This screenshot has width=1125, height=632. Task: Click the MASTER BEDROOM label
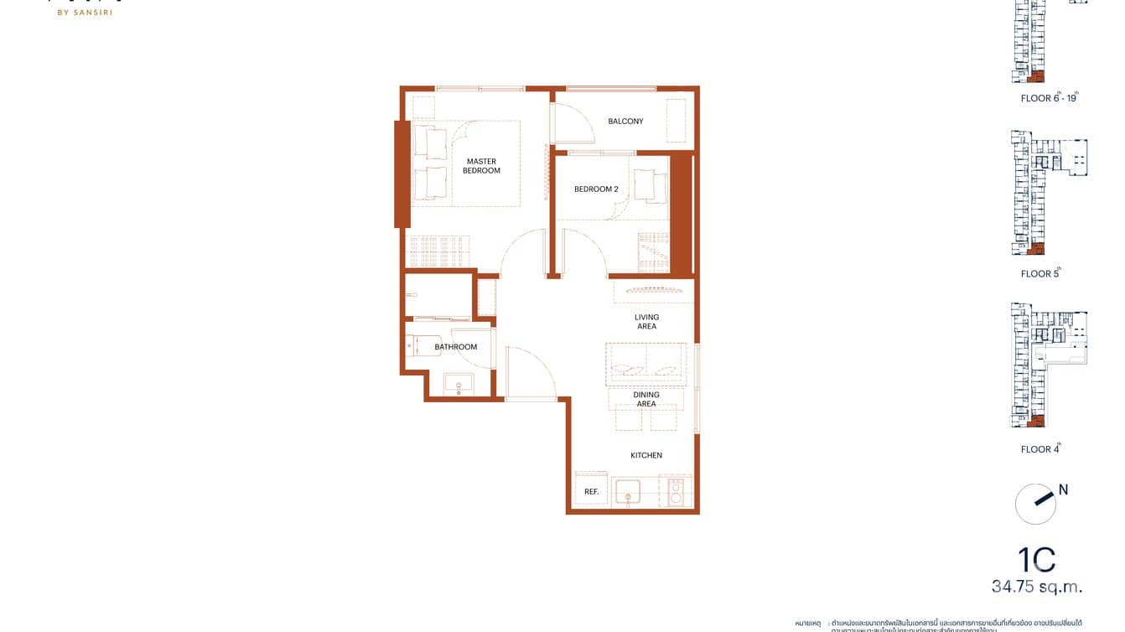tap(481, 166)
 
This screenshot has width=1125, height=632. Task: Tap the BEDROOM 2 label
tap(596, 189)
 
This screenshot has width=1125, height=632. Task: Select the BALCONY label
tap(625, 122)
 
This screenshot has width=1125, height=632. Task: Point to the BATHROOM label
tap(455, 347)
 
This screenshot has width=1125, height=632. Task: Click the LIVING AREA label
tap(646, 322)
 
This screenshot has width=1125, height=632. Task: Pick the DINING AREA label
tap(646, 399)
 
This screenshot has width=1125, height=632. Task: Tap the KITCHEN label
tap(646, 456)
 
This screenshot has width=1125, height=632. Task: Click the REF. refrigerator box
tap(591, 491)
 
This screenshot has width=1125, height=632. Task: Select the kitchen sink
tap(627, 491)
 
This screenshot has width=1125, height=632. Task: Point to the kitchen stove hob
tap(676, 491)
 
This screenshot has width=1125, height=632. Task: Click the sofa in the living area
tap(646, 363)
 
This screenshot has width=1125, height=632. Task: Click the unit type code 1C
tap(1036, 560)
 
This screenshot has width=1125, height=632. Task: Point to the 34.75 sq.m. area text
tap(1037, 586)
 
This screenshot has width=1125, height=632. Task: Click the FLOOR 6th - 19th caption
tap(1048, 98)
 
